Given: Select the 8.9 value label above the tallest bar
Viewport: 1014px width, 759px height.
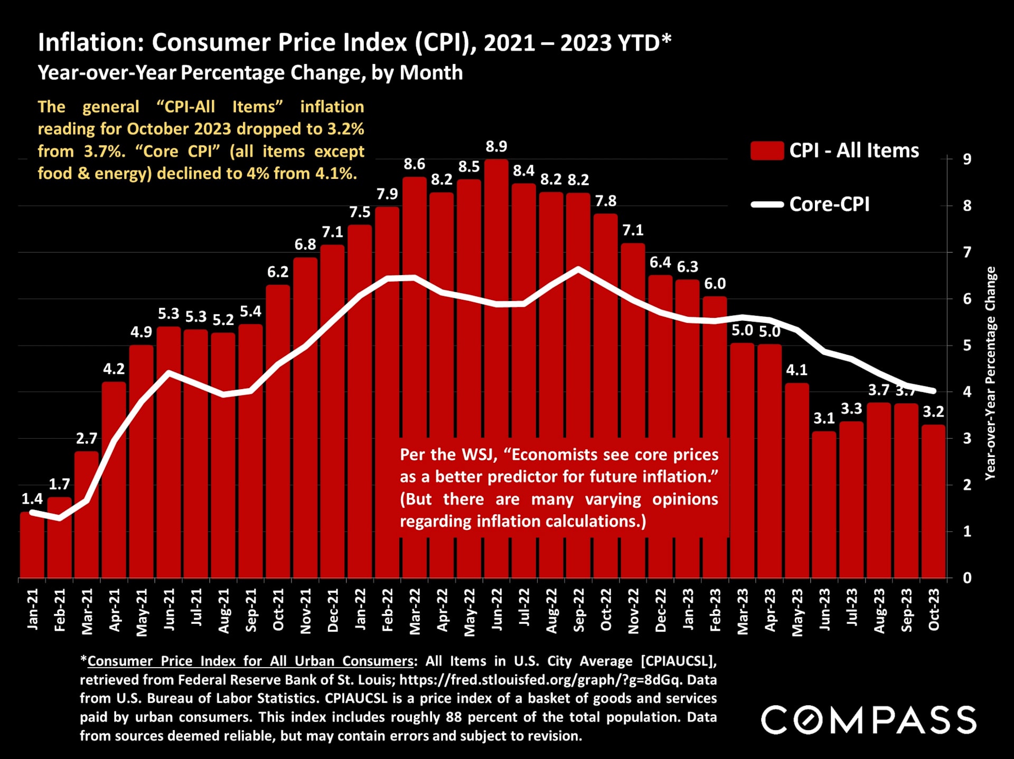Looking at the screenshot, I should [496, 146].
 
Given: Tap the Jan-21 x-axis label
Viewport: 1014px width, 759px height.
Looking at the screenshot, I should [33, 610].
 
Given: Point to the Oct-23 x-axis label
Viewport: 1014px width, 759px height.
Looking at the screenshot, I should [934, 610].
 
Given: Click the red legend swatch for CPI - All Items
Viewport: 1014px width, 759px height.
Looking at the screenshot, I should [766, 150].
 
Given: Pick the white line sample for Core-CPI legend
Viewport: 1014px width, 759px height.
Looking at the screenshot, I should [766, 204].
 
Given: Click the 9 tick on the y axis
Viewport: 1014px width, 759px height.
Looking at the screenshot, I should [967, 159].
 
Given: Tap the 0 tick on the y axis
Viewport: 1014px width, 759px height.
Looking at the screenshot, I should [967, 577].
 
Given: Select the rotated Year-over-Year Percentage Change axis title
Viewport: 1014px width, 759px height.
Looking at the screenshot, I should [990, 373].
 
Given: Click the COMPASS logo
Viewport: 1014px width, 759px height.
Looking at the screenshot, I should [868, 720].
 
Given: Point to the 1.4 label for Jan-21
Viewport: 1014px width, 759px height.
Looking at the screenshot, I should [32, 499].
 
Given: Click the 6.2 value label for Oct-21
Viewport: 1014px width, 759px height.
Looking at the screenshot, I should [278, 272].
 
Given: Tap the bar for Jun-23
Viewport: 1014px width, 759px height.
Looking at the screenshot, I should [824, 504].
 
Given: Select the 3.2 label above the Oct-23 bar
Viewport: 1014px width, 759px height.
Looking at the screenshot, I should [933, 412].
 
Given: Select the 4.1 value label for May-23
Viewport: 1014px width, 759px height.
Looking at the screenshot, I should [796, 370].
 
